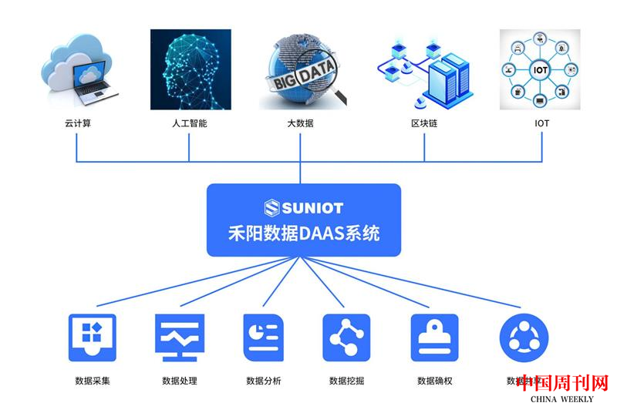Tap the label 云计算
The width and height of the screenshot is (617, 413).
pyautogui.click(x=78, y=123)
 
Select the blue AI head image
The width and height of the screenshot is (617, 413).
pyautogui.click(x=190, y=70)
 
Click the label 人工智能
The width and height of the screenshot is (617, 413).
pyautogui.click(x=189, y=123)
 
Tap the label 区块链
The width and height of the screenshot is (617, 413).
pyautogui.click(x=424, y=123)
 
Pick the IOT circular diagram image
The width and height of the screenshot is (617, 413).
pyautogui.click(x=540, y=69)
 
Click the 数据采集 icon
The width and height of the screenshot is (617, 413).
pyautogui.click(x=93, y=337)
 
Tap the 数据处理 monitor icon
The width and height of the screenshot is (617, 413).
pyautogui.click(x=180, y=337)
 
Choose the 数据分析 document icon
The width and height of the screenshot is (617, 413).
pyautogui.click(x=264, y=337)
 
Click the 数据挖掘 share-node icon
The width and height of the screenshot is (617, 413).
pyautogui.click(x=346, y=337)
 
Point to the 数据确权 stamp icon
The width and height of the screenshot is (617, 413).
pyautogui.click(x=434, y=337)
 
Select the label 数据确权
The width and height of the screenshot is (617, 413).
pyautogui.click(x=434, y=381)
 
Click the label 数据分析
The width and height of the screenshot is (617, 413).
pyautogui.click(x=264, y=381)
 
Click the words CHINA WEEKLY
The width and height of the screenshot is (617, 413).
pyautogui.click(x=562, y=399)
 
